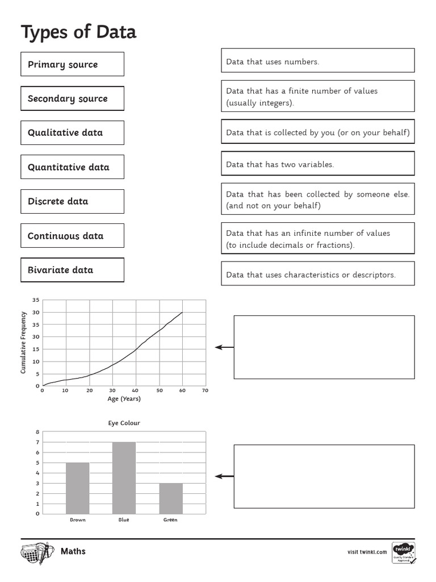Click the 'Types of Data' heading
click(78, 32)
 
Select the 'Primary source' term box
click(72, 64)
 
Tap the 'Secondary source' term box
click(72, 98)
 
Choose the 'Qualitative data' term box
click(72, 132)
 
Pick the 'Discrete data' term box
click(72, 201)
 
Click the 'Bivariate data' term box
click(72, 270)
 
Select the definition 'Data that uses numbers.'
click(317, 61)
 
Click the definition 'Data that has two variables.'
click(317, 164)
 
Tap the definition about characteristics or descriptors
click(317, 274)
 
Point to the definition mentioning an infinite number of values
click(317, 239)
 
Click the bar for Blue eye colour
click(124, 477)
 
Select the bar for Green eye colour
click(171, 498)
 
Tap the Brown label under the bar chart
click(78, 519)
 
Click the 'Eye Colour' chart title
click(124, 423)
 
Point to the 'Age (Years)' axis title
click(124, 398)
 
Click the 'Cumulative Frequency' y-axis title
click(23, 342)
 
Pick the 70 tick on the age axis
click(205, 390)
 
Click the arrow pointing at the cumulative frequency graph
click(224, 347)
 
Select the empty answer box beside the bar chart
click(324, 476)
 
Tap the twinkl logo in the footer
click(403, 551)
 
